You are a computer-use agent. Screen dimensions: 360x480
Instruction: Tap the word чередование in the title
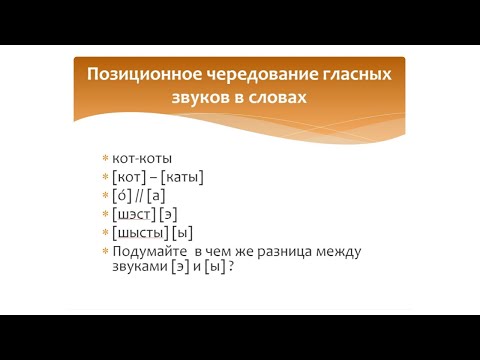(x=246, y=75)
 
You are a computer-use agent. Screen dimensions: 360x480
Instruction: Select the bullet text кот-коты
(x=143, y=159)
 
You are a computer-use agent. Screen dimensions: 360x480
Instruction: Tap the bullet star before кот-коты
(x=105, y=159)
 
